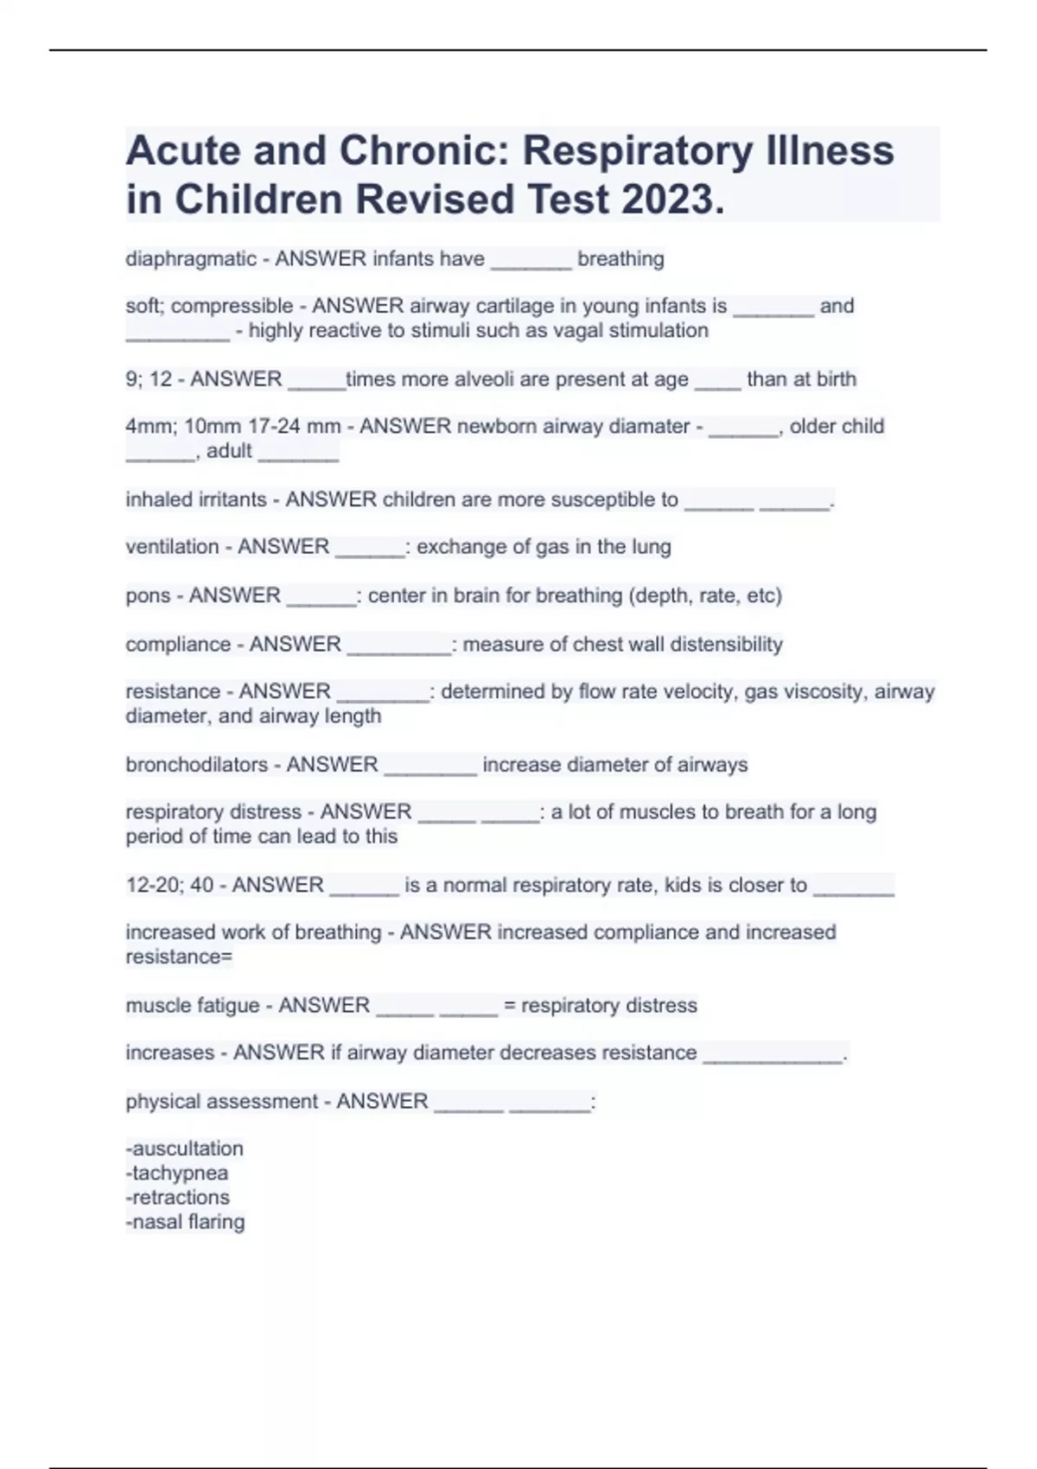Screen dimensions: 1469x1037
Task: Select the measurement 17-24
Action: [x=269, y=426]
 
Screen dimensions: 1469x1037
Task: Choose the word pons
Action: [x=147, y=595]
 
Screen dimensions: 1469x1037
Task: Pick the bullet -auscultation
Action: [x=185, y=1148]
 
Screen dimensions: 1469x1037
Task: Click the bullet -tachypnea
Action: [x=177, y=1173]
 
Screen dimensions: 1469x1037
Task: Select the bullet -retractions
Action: [x=178, y=1198]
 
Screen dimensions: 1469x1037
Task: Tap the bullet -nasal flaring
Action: [x=186, y=1222]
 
